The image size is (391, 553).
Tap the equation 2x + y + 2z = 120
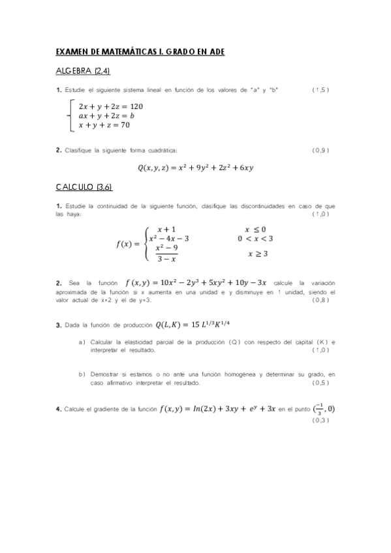click(x=110, y=106)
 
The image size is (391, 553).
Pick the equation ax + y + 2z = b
click(x=106, y=115)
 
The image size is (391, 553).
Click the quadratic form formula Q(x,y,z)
click(x=195, y=168)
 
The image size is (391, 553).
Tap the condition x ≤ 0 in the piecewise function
click(x=255, y=229)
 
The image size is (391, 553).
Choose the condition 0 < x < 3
click(x=255, y=238)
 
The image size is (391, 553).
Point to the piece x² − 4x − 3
click(x=169, y=238)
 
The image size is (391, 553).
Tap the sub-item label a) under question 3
click(x=82, y=342)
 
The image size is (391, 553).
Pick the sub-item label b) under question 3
click(x=82, y=375)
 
